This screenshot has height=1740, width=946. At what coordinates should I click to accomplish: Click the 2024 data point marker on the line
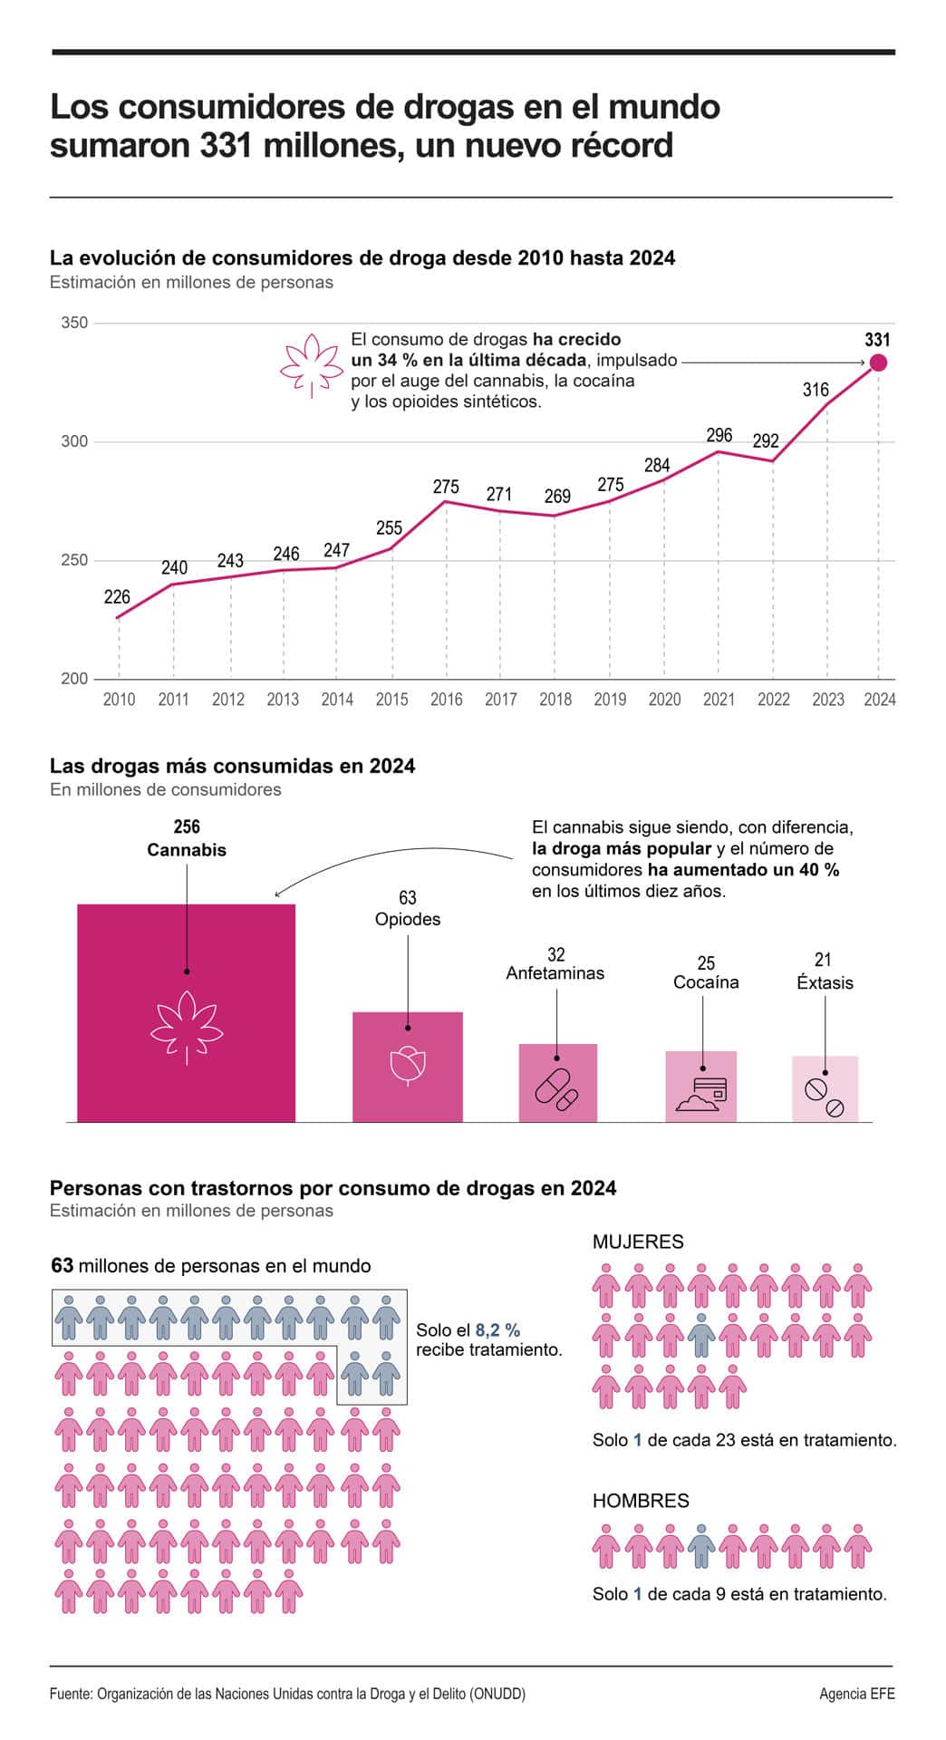(x=878, y=362)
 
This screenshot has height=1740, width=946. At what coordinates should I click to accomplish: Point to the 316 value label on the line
(x=816, y=390)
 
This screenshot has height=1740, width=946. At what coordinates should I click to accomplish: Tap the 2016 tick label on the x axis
(x=446, y=700)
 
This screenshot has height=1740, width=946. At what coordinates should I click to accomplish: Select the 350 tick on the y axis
(x=74, y=323)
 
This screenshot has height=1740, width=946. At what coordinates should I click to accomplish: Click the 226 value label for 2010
(x=117, y=597)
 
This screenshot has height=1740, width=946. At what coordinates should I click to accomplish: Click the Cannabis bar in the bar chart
(x=187, y=1013)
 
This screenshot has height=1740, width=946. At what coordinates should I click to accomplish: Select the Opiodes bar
(x=408, y=1068)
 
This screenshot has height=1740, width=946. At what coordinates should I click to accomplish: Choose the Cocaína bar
(x=701, y=1087)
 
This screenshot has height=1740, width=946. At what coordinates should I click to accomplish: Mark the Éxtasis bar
(x=825, y=1089)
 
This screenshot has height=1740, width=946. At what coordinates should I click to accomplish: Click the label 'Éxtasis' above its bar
(x=825, y=983)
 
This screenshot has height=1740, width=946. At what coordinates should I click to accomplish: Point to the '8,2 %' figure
(x=497, y=1330)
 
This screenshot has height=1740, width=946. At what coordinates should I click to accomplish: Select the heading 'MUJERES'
(x=638, y=1242)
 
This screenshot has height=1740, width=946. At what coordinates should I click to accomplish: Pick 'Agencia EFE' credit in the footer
(x=857, y=1693)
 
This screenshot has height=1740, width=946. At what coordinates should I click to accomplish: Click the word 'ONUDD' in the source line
(x=497, y=1693)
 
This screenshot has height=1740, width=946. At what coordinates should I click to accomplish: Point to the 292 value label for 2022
(x=766, y=441)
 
